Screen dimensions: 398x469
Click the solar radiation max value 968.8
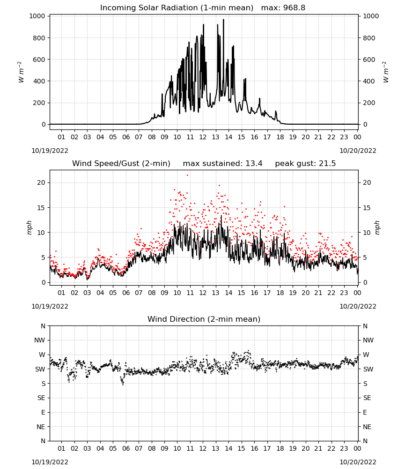coord(294,8)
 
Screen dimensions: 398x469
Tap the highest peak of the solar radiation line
coord(223,19)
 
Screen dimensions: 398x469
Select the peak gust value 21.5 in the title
coord(328,164)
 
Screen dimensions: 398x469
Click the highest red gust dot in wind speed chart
coord(187,175)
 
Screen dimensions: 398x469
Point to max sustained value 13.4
coord(254,164)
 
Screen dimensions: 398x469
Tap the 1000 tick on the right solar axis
coord(370,16)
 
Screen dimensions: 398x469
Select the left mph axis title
coord(29,227)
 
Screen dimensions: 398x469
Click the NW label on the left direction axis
coord(40,340)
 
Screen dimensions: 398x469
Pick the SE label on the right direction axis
coord(367,398)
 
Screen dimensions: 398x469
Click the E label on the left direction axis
coord(43,412)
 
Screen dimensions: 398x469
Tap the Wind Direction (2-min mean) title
coord(204,319)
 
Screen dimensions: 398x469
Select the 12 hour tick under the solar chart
coord(203,137)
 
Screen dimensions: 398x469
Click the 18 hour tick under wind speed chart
coord(280,293)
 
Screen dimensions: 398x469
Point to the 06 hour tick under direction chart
coord(125,448)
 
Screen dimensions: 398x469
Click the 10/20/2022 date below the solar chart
coord(358,151)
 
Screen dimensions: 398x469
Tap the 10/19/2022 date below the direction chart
coord(50,462)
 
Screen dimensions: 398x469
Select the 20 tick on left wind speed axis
coord(41,183)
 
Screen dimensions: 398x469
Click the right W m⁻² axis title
coord(385,72)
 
